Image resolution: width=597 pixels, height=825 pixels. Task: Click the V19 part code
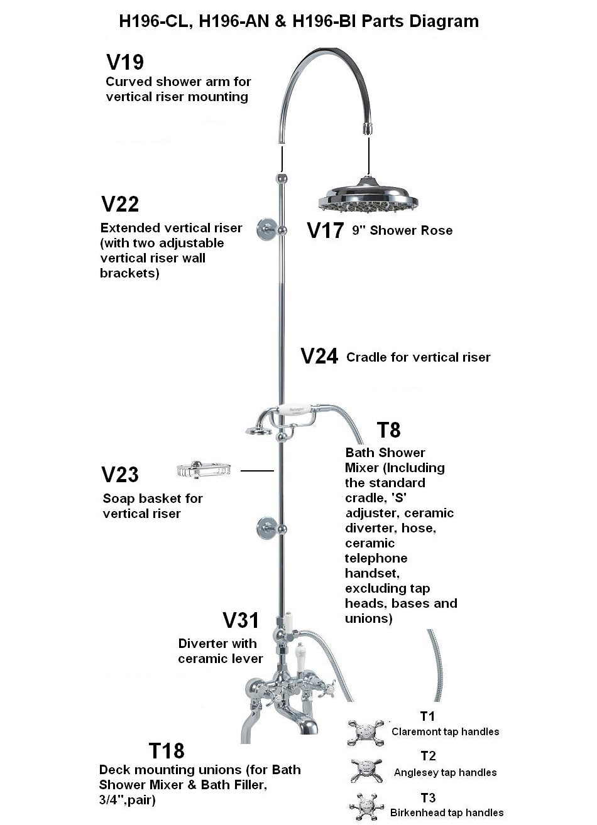(x=125, y=62)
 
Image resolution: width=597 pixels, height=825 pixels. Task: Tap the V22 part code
(x=120, y=204)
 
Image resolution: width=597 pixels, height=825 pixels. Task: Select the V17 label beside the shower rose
(x=325, y=230)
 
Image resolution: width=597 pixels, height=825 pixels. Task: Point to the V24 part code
(x=320, y=357)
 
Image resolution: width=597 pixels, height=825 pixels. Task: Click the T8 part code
(x=388, y=430)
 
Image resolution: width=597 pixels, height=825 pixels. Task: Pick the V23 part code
(x=120, y=475)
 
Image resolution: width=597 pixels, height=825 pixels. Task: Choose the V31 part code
(x=241, y=620)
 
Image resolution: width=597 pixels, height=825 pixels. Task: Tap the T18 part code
(x=167, y=750)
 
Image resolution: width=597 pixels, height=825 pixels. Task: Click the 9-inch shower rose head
(x=368, y=197)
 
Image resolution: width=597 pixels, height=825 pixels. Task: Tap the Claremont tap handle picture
(x=365, y=733)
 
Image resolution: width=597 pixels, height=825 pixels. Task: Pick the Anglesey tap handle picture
(x=365, y=770)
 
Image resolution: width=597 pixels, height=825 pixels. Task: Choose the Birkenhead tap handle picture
(x=365, y=807)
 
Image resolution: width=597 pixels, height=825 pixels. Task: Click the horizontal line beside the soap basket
(x=257, y=470)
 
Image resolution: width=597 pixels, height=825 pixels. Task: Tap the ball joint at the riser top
(x=281, y=178)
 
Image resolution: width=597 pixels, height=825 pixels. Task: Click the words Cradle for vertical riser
(x=418, y=357)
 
